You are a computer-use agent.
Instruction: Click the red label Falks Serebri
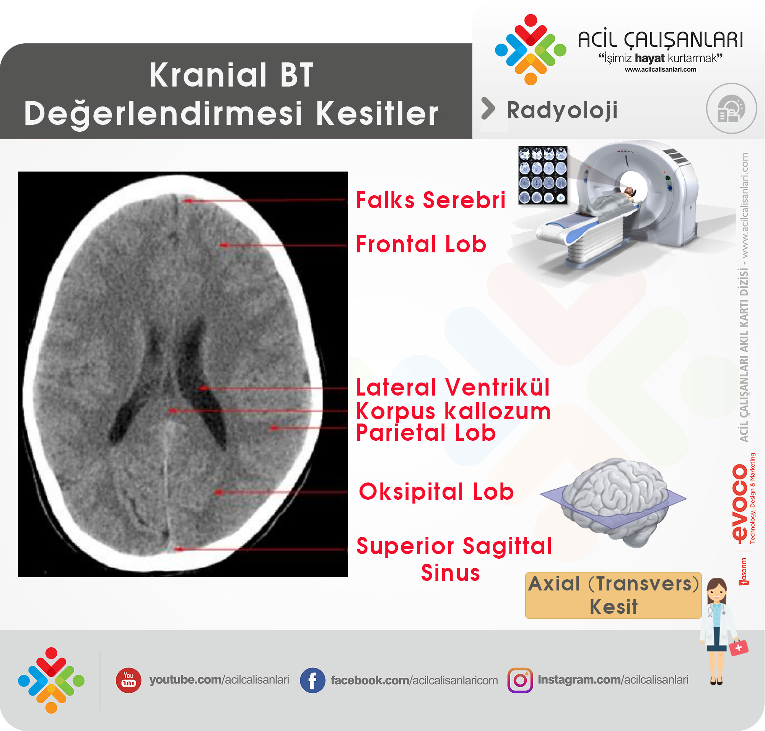(431, 200)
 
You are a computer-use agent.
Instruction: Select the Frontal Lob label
(421, 244)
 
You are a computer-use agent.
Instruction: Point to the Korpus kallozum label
(453, 411)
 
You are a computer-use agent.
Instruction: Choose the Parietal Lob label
(426, 433)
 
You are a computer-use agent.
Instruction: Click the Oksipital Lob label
(436, 491)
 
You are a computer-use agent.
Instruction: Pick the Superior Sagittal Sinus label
(454, 559)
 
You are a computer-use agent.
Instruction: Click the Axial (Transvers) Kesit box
(613, 595)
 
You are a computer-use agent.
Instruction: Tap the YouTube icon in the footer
(129, 680)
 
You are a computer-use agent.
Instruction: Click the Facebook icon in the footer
(312, 680)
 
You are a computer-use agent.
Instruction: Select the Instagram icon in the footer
(520, 680)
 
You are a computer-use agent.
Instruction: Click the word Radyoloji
(562, 110)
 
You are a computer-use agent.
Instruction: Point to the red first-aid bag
(738, 648)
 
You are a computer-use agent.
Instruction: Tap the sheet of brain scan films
(543, 175)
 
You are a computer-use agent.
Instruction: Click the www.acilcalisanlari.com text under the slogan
(660, 69)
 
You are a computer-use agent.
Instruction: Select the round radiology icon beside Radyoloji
(731, 108)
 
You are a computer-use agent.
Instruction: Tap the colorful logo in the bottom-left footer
(51, 680)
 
